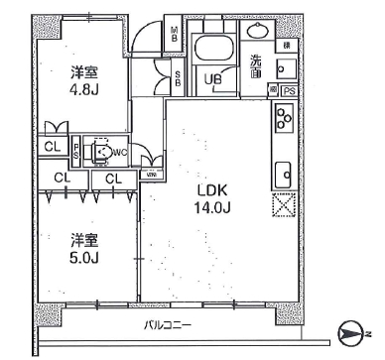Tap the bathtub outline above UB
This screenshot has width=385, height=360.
tap(211, 50)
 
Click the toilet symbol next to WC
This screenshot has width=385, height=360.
tap(99, 151)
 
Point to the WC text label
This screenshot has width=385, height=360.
tap(119, 152)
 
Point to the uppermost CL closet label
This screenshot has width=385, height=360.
tap(49, 147)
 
